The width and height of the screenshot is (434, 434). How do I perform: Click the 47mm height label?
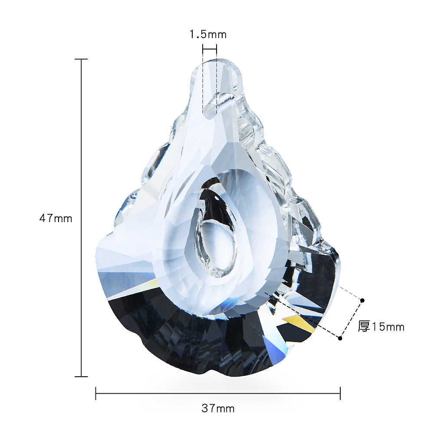coord(56,218)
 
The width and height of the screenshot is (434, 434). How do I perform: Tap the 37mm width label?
coord(218,408)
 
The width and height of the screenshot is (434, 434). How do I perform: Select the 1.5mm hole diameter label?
coord(208,34)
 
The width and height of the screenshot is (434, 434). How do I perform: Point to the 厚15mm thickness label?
coord(381,327)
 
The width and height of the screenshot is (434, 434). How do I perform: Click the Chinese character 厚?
coord(364,327)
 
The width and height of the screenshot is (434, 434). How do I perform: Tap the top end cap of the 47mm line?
coord(81,59)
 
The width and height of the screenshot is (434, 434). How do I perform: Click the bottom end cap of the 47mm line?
coord(81,376)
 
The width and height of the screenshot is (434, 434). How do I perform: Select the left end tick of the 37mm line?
coord(96,393)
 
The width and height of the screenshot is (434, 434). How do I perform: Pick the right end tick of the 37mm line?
coord(340,393)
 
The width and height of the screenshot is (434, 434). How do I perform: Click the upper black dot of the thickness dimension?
coord(362,300)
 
